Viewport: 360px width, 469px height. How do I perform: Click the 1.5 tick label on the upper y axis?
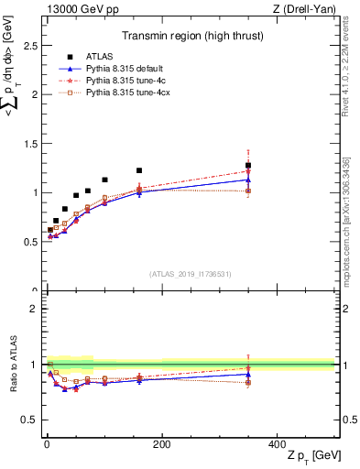pyautogui.click(x=33, y=143)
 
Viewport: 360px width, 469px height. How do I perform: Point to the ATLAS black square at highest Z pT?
pyautogui.click(x=247, y=166)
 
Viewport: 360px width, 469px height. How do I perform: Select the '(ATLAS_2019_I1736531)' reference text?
pyautogui.click(x=191, y=273)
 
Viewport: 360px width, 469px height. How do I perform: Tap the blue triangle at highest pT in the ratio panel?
pyautogui.click(x=247, y=374)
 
